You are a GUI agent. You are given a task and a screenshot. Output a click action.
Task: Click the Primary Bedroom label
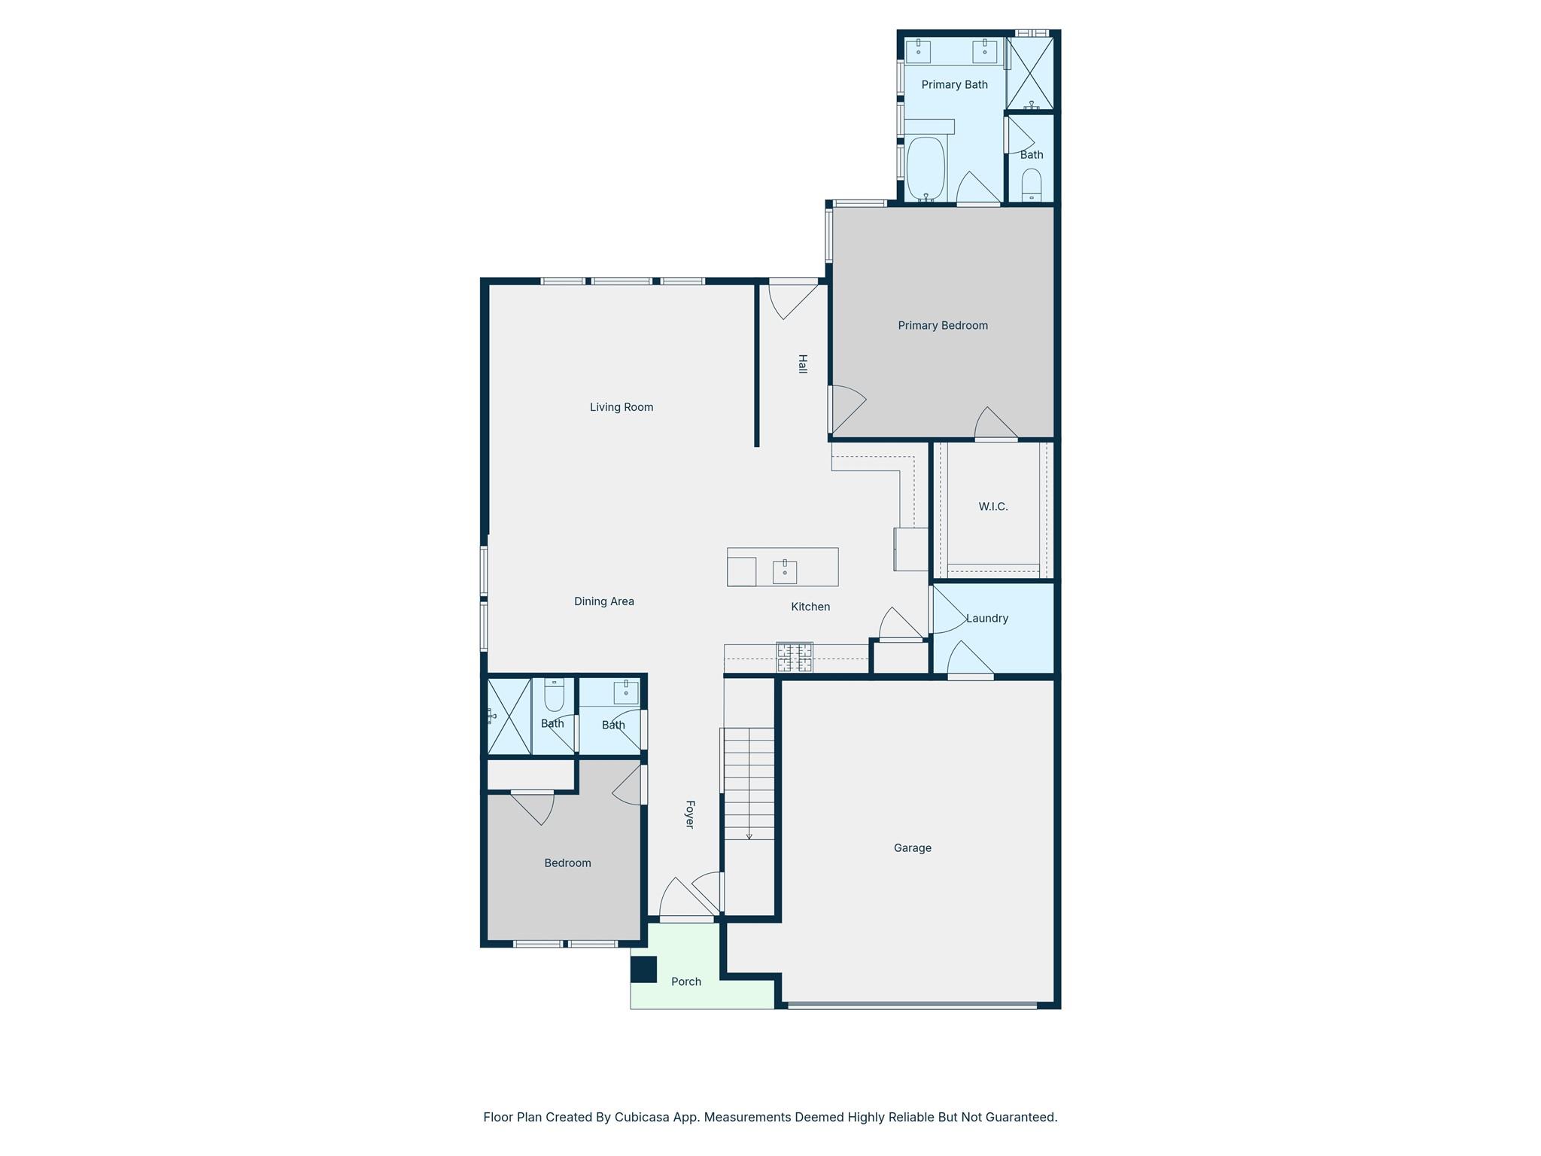click(942, 325)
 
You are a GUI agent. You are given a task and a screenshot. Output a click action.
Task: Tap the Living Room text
click(621, 407)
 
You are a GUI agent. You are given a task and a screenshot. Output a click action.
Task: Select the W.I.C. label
click(992, 507)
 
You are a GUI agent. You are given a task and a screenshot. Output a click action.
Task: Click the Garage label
click(912, 847)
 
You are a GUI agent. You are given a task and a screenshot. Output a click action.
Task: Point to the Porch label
click(685, 981)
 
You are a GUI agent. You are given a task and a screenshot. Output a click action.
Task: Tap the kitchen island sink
click(784, 572)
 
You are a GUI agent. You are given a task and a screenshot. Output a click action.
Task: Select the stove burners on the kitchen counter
click(795, 657)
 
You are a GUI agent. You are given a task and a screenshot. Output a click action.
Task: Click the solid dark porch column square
click(643, 969)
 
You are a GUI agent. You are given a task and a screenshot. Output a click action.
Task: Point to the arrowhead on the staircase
click(749, 836)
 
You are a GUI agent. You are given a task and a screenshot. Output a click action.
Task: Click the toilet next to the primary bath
click(1031, 184)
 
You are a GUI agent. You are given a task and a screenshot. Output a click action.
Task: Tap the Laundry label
click(986, 618)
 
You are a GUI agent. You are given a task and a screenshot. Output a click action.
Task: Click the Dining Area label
click(603, 601)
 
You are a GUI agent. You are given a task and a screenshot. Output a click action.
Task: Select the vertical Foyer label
click(689, 814)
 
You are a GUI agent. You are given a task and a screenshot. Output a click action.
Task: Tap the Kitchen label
click(810, 607)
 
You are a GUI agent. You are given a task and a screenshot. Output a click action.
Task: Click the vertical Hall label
click(802, 364)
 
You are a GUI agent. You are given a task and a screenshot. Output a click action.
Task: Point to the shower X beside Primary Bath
click(1030, 73)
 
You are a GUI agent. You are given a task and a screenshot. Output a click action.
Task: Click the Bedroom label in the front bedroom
click(567, 863)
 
